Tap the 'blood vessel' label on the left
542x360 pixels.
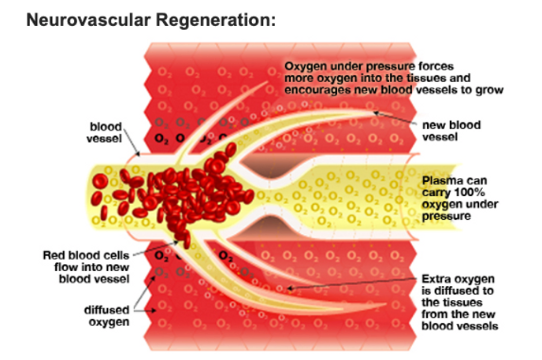tap(105, 132)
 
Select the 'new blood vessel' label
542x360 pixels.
tap(451, 131)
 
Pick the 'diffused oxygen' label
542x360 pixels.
tap(106, 315)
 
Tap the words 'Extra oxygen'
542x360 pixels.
tap(456, 279)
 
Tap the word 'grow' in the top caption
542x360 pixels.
tap(489, 90)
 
